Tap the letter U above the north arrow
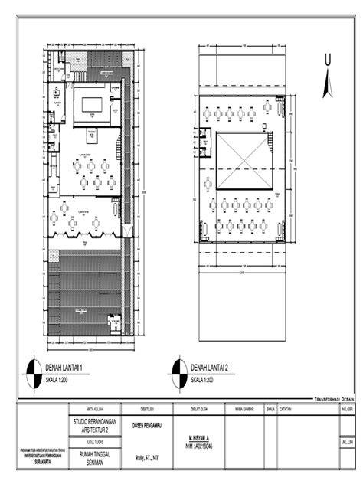point(327,60)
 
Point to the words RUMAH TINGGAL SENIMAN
point(95,456)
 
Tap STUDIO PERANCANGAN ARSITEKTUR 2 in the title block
point(95,427)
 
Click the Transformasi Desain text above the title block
point(336,400)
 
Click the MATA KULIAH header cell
point(95,408)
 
